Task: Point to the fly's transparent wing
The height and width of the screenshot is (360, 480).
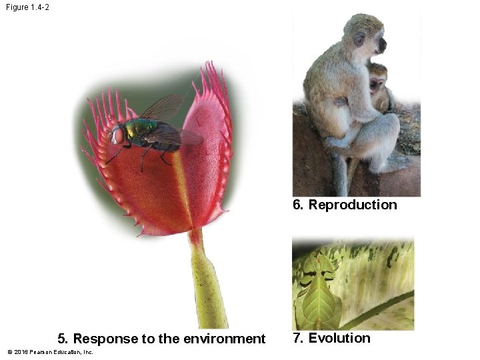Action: pyautogui.click(x=163, y=107)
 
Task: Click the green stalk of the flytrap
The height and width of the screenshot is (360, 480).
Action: pyautogui.click(x=209, y=280)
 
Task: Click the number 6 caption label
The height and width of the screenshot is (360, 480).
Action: pyautogui.click(x=298, y=205)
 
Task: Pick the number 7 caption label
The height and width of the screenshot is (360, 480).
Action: pyautogui.click(x=298, y=338)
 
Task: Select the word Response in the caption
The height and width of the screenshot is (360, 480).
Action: pyautogui.click(x=99, y=339)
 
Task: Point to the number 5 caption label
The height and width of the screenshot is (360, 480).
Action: pyautogui.click(x=62, y=339)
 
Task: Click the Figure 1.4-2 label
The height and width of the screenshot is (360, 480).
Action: pyautogui.click(x=27, y=7)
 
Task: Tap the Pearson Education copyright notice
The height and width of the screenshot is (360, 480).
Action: pyautogui.click(x=50, y=352)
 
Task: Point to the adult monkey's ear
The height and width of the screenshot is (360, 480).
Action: pyautogui.click(x=359, y=41)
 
